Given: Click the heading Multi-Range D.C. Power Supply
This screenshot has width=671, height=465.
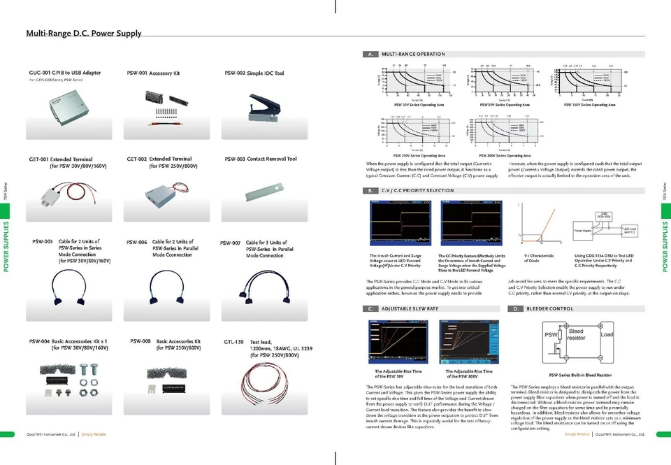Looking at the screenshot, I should point(84,33).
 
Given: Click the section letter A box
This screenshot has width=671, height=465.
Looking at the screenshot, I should point(370,54).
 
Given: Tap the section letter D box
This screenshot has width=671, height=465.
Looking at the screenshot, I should point(517,308).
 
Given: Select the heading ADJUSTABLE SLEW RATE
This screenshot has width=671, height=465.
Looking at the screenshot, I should point(410,308).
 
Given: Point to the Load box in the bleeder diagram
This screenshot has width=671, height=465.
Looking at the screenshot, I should point(606,335).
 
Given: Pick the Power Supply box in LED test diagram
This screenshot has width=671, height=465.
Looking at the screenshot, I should point(584,229).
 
